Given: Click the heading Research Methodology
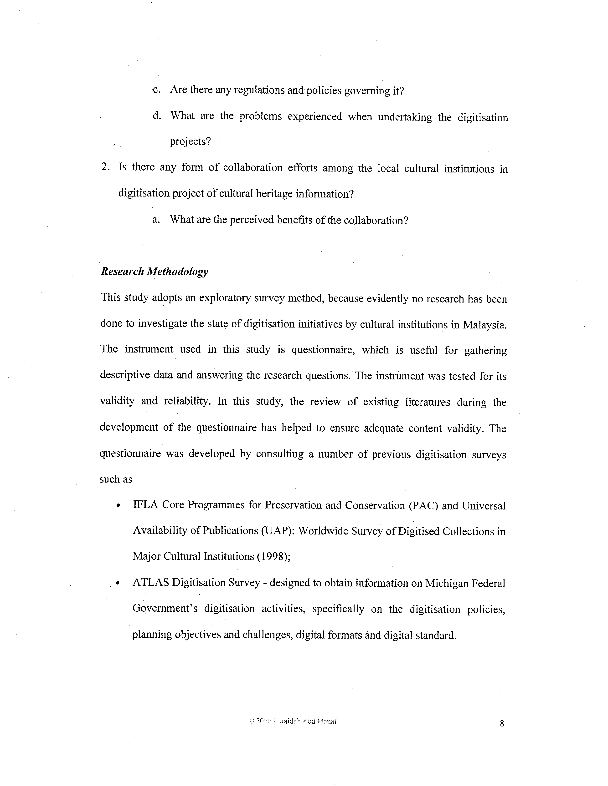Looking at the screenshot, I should coord(154,272).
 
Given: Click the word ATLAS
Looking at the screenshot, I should coord(150,583).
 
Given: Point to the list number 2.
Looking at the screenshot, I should coord(105,167).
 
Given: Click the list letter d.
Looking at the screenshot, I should coord(156,116).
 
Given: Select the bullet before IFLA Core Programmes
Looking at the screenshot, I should coord(118,506).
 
